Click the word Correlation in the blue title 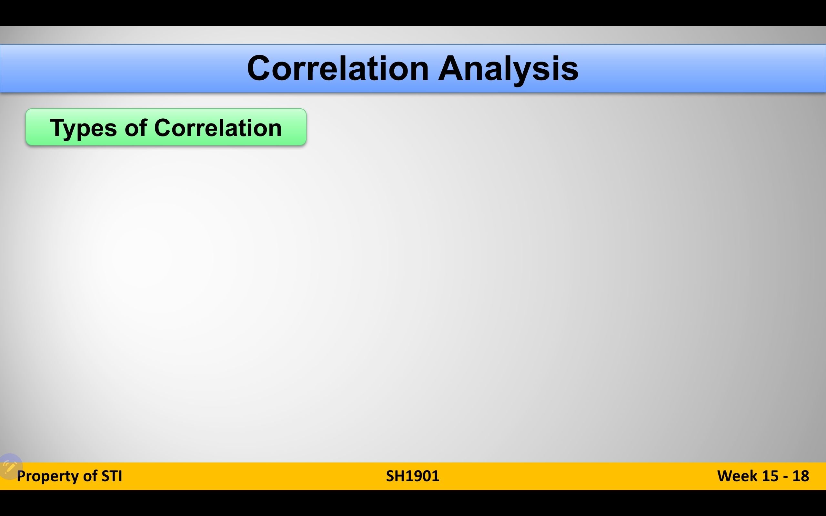pyautogui.click(x=337, y=68)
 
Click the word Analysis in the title pyautogui.click(x=508, y=70)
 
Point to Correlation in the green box pyautogui.click(x=218, y=128)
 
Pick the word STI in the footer pyautogui.click(x=112, y=476)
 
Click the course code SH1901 pyautogui.click(x=413, y=476)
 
